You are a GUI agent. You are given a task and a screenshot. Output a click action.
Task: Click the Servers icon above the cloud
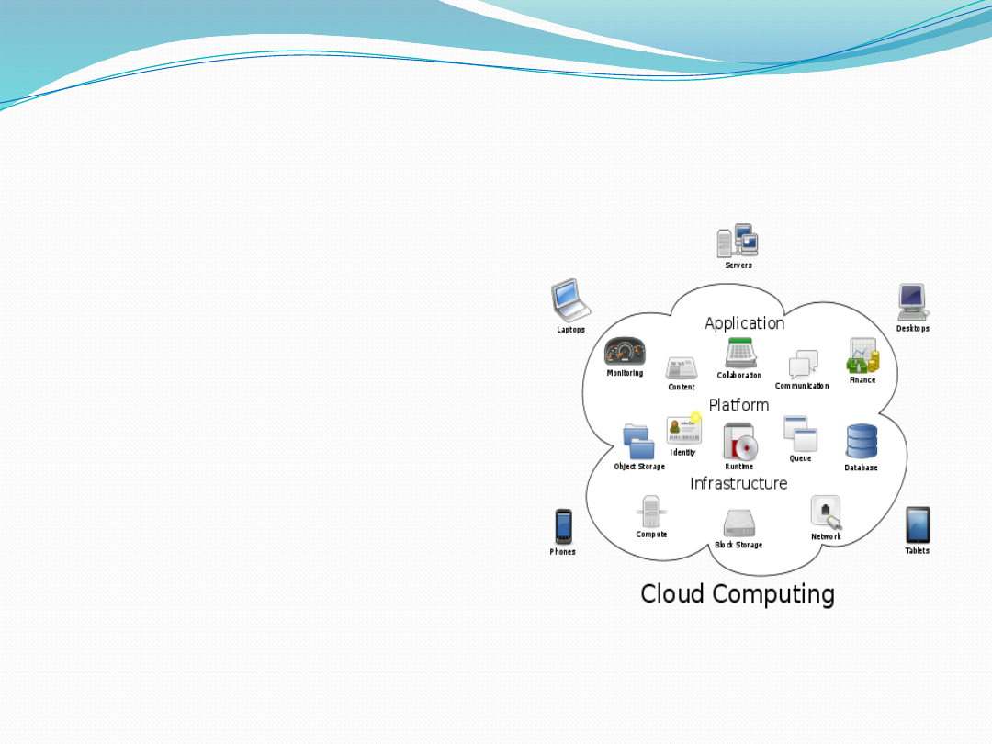tap(738, 242)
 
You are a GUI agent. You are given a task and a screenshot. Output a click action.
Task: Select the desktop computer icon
tap(912, 302)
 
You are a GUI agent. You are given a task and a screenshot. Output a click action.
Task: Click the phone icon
tap(563, 526)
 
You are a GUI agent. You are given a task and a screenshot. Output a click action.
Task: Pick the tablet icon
tap(918, 524)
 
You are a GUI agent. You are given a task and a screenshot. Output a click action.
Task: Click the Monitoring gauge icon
tap(625, 352)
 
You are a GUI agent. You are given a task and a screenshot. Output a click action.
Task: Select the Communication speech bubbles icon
tap(803, 364)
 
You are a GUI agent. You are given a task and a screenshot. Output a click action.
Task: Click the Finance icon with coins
tap(863, 355)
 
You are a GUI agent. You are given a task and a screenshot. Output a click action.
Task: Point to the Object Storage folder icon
tap(638, 442)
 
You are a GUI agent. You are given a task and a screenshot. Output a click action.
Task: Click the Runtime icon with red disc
tap(739, 442)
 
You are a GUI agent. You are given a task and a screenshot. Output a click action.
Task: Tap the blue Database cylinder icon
tap(862, 442)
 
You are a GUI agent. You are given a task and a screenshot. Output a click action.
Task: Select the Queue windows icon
tap(800, 434)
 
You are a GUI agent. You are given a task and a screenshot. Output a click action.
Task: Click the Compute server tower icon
tap(651, 511)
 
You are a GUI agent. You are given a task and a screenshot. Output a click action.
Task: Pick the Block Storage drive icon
tap(739, 523)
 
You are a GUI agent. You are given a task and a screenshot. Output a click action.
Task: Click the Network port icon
tap(826, 513)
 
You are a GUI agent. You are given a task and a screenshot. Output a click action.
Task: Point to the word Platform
tap(738, 405)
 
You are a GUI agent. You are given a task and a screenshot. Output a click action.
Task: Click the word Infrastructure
tap(738, 483)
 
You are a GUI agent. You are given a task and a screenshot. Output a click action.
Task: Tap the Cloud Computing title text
tap(738, 593)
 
